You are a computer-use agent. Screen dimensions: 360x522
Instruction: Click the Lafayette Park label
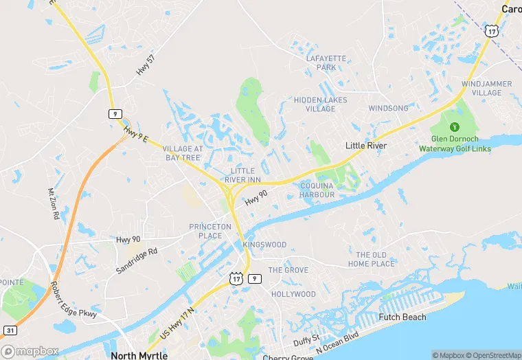point(326,63)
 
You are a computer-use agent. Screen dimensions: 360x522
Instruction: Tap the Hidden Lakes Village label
point(320,104)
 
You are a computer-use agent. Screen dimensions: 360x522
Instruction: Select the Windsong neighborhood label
point(388,109)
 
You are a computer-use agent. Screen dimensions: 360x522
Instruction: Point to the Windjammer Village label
point(486,88)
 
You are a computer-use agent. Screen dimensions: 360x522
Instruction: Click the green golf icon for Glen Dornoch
point(454,127)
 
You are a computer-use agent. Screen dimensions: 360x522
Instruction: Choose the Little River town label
point(365,146)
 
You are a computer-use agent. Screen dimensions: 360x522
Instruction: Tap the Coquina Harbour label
point(317,190)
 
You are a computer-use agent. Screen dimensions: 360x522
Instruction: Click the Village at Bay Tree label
point(183,153)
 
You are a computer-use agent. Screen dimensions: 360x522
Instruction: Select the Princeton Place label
point(211,231)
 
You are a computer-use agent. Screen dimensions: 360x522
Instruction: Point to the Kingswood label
point(264,245)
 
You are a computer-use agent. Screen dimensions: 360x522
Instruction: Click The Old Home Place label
point(372,259)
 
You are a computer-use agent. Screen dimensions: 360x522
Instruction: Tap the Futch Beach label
point(402,317)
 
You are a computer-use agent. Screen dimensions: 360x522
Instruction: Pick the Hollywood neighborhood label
point(293,294)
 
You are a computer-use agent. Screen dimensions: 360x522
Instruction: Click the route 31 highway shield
point(9,330)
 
